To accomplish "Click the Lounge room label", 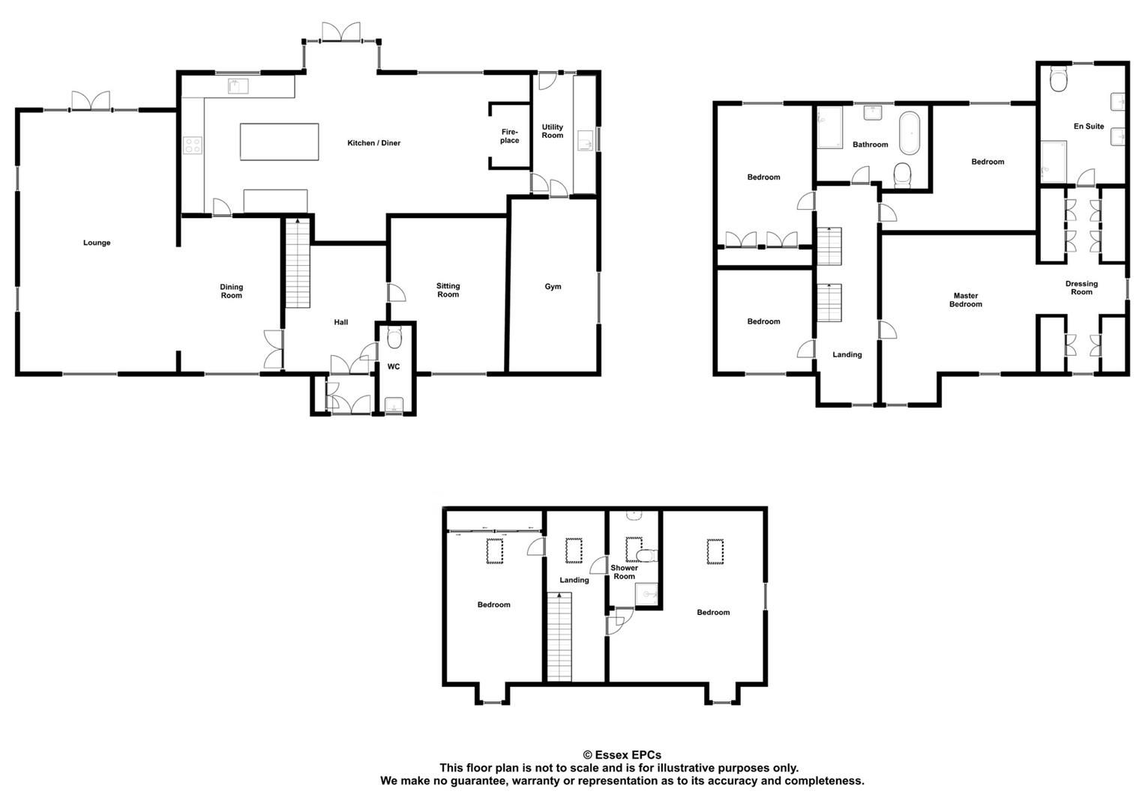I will tap(97, 243).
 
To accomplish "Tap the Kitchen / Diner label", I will tap(373, 143).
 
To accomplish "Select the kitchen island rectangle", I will tap(279, 142).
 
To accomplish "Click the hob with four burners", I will tap(193, 145).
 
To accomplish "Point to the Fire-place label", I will tap(510, 136).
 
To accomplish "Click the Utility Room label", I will tap(553, 131).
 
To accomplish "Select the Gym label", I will tap(553, 287).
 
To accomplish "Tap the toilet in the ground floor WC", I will tap(394, 339).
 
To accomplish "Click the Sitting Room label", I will tap(448, 290).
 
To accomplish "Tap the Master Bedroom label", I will tap(965, 300).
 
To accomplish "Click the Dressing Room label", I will tap(1081, 288).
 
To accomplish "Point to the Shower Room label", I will tap(624, 572).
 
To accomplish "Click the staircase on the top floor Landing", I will tap(559, 637).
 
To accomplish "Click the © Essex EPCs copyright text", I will tap(622, 755).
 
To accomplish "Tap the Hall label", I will tap(341, 322).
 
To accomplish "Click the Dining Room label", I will tap(232, 291).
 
